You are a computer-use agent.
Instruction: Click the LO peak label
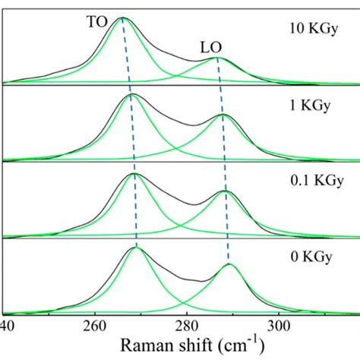coord(211,48)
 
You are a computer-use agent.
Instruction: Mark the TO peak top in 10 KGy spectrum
coord(122,18)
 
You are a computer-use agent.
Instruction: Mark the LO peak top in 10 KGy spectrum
coord(217,57)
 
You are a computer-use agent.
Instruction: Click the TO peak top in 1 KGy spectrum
coord(131,94)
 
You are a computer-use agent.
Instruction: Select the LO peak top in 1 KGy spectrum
coord(223,115)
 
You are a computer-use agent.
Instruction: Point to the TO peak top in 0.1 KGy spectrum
coord(134,174)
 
